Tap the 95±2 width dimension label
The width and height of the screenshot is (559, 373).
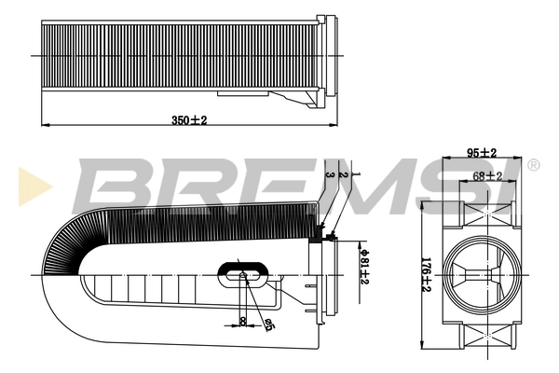coord(482,153)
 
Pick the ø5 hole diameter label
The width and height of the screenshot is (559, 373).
coord(269,324)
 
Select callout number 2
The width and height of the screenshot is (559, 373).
coord(343,175)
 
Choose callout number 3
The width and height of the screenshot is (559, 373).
coord(330,175)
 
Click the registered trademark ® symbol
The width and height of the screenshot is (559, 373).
coord(533,165)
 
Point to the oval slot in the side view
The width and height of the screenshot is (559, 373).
coord(246,274)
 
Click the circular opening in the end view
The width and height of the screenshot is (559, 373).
coord(482,274)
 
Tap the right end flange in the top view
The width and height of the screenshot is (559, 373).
coord(325,55)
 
